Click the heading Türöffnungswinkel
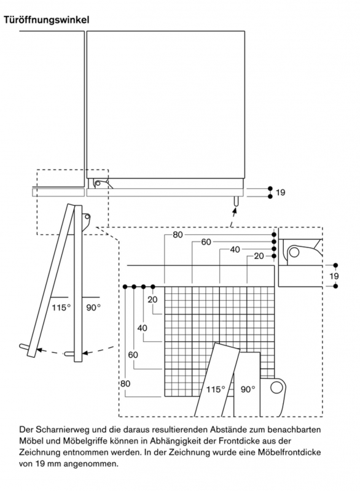pos(46,20)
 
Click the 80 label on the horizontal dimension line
pos(178,234)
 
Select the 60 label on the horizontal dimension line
pos(206,242)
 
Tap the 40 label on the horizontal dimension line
pos(235,250)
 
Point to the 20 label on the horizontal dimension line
pos(259,256)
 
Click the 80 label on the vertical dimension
pos(125,383)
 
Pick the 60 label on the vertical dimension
pos(133,355)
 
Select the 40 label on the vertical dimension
pos(143,328)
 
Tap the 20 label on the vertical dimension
pos(152,300)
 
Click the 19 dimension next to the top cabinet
pos(280,192)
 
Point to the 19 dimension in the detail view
pos(334,276)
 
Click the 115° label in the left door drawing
pos(61,308)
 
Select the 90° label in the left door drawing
pos(93,308)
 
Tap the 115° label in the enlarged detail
pos(216,389)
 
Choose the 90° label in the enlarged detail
pos(248,389)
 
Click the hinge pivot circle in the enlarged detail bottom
pos(276,387)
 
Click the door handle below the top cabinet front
pos(237,201)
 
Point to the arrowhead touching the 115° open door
pos(39,350)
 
